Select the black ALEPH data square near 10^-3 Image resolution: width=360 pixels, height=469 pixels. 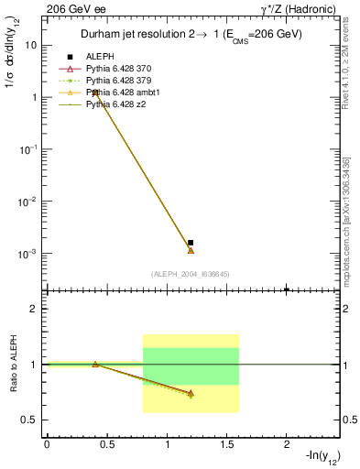click(191, 243)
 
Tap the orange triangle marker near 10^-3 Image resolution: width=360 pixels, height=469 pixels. click(191, 250)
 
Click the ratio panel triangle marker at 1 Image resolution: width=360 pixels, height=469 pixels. click(95, 364)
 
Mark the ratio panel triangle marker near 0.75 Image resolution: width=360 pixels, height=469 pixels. click(191, 394)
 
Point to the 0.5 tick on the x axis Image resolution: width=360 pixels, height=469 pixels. click(107, 444)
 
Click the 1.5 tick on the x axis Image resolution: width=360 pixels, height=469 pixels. click(227, 444)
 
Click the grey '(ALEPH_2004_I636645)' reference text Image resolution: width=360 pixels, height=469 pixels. click(190, 274)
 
